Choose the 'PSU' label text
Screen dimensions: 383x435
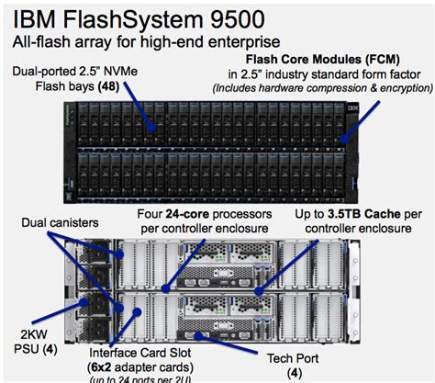20,348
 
